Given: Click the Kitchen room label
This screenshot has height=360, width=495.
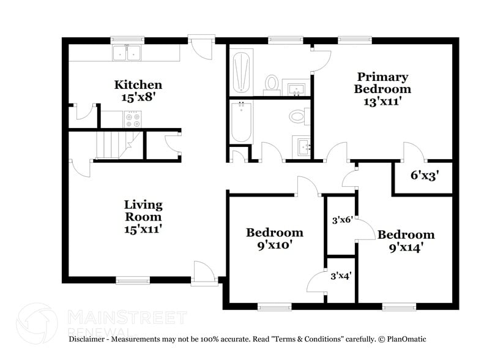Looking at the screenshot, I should (x=138, y=84).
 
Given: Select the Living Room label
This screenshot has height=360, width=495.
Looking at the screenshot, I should (x=143, y=210).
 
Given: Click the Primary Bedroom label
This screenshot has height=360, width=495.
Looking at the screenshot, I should (x=382, y=83).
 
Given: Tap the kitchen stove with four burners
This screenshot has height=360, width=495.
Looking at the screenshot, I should (x=133, y=119).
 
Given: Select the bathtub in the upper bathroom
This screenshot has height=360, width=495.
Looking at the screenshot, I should (x=241, y=71).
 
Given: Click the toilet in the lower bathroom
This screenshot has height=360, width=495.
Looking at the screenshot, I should (x=297, y=115).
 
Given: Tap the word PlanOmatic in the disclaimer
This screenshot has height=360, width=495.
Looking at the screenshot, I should (x=405, y=339).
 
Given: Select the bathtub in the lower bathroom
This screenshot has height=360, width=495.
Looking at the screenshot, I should (x=241, y=121).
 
